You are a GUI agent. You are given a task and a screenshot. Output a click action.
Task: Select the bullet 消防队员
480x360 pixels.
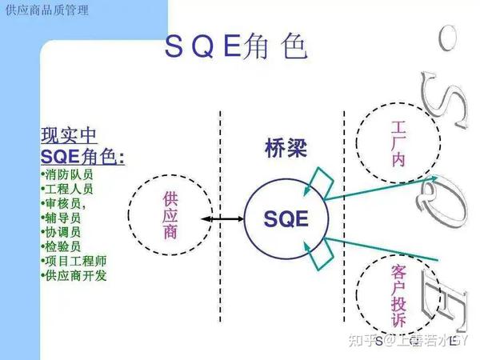click(x=70, y=174)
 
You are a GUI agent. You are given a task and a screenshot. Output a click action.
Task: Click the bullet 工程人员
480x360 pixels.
click(x=70, y=189)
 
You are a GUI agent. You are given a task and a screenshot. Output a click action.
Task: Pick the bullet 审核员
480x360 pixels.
click(x=66, y=203)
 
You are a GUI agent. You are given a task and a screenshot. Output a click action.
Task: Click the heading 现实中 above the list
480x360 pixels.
click(x=70, y=134)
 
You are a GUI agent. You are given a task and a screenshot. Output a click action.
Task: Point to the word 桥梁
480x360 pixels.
click(x=285, y=146)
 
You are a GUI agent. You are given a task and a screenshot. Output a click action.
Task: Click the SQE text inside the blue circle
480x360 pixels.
click(x=286, y=218)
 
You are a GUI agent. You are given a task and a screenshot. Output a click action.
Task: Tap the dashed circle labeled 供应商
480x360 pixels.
click(x=170, y=217)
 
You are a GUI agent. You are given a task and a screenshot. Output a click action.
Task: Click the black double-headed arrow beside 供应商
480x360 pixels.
click(x=222, y=218)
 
